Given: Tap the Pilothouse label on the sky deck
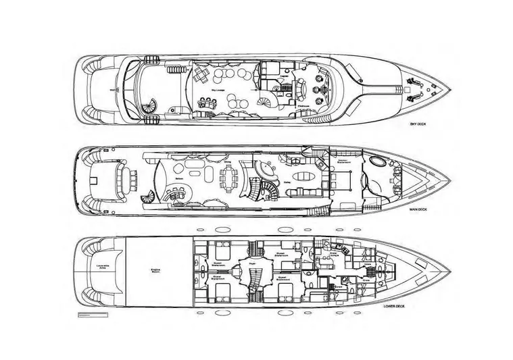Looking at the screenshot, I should click(x=303, y=105).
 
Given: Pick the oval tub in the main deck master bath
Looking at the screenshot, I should click(x=375, y=163).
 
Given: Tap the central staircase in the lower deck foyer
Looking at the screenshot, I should click(x=253, y=277).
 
